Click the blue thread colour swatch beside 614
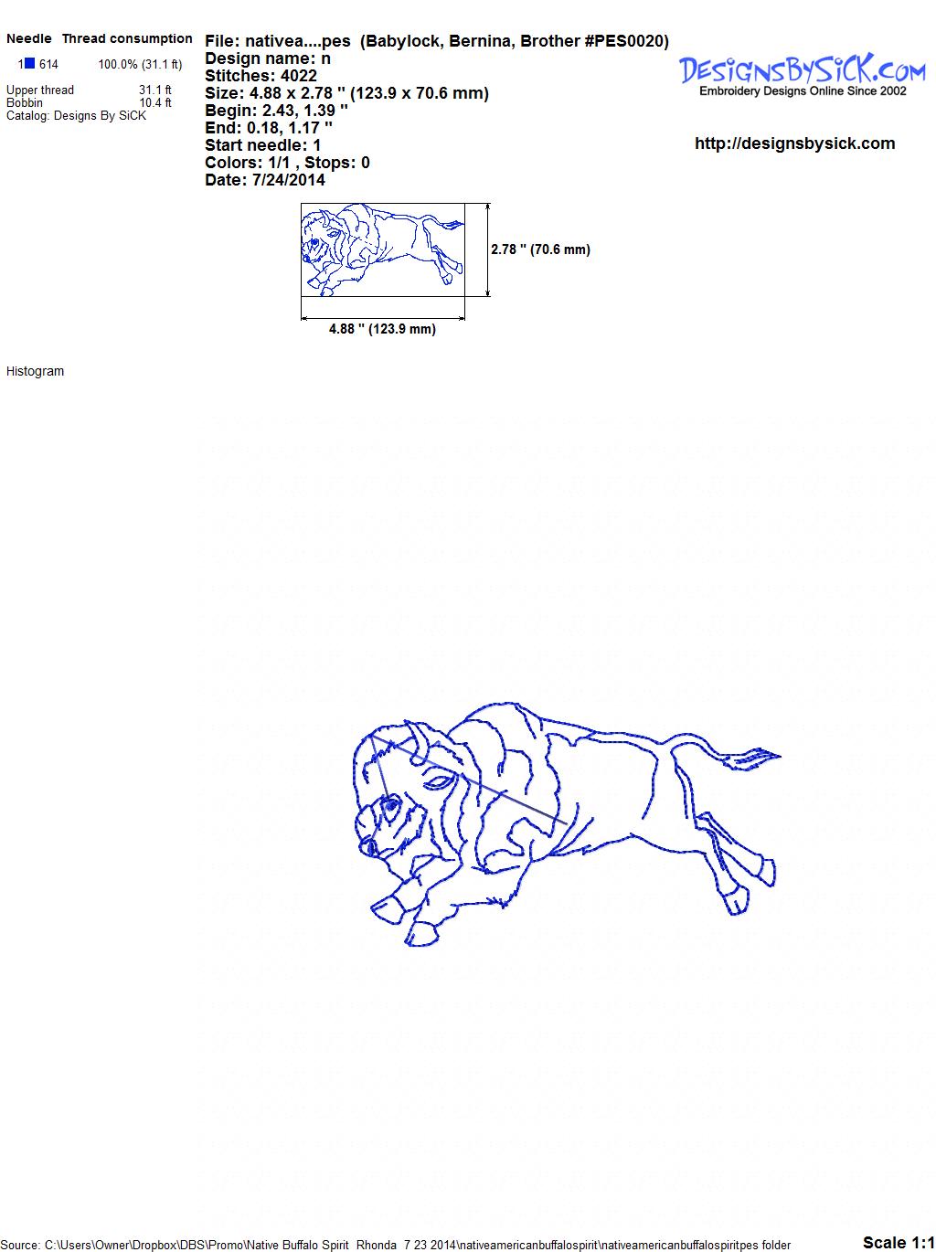click(x=29, y=63)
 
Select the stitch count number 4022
click(x=298, y=76)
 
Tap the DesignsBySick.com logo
click(x=803, y=69)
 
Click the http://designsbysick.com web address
click(x=794, y=143)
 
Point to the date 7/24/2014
click(x=288, y=180)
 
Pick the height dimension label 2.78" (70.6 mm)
click(x=540, y=249)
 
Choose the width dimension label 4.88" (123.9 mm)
click(x=382, y=329)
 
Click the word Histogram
click(x=35, y=371)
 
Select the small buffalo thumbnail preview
click(x=382, y=249)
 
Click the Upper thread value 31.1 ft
click(x=154, y=90)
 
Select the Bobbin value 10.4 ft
click(x=155, y=102)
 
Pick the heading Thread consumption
click(x=127, y=38)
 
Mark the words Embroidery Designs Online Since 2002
click(x=803, y=91)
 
